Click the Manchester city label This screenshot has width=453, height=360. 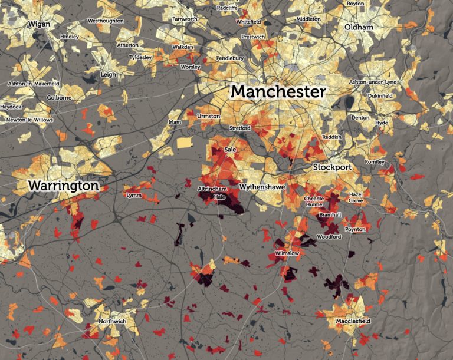tap(278, 92)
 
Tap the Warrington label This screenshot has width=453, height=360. tap(63, 186)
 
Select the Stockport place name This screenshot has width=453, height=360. tap(332, 167)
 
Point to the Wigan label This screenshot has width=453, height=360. tap(38, 24)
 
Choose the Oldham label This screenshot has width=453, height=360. tap(360, 27)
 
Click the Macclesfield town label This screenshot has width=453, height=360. tap(353, 321)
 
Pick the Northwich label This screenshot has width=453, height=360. tap(112, 321)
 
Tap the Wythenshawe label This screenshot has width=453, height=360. tap(262, 187)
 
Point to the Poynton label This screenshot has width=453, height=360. tap(355, 229)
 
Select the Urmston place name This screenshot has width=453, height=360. tap(208, 116)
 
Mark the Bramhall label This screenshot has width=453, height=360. tap(330, 215)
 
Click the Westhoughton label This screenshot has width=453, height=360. tap(105, 21)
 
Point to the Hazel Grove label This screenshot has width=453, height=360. tap(356, 197)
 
